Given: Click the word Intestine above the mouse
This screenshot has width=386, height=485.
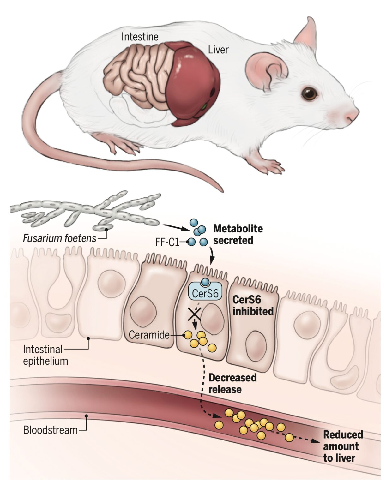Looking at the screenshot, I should click(140, 37).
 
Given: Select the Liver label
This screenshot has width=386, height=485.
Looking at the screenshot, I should click(218, 50).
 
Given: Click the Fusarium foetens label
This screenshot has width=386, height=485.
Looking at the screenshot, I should click(59, 238).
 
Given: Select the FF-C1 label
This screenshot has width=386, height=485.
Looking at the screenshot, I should click(167, 242).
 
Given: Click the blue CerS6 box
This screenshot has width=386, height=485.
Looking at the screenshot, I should click(205, 293).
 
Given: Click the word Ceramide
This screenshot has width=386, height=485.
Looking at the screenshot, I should click(149, 335).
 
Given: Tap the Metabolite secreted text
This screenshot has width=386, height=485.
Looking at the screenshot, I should click(238, 234).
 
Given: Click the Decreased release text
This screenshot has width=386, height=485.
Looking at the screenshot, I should click(232, 383).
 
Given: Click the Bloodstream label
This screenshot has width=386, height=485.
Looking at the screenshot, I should click(50, 430).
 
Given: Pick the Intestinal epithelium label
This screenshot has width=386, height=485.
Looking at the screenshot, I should click(45, 355).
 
